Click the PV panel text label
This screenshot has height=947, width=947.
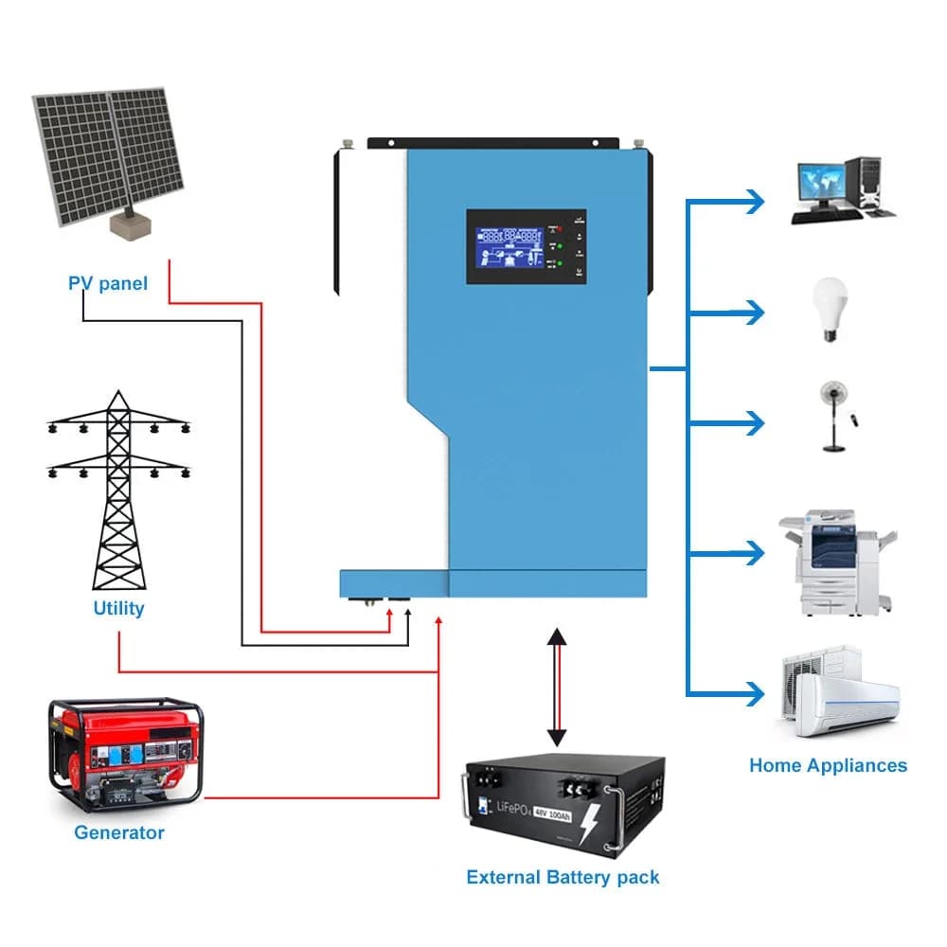pyautogui.click(x=108, y=283)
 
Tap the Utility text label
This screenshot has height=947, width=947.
pyautogui.click(x=118, y=608)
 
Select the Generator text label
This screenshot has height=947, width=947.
pyautogui.click(x=119, y=832)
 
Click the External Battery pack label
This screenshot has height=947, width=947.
pyautogui.click(x=563, y=877)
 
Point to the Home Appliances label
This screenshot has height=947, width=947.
pyautogui.click(x=828, y=765)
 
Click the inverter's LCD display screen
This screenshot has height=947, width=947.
pyautogui.click(x=509, y=246)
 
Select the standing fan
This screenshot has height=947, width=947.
pyautogui.click(x=832, y=415)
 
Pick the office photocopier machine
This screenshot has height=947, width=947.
pyautogui.click(x=833, y=561)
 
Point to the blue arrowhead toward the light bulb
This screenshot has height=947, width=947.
pyautogui.click(x=754, y=312)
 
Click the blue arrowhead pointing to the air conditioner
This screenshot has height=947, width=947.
pyautogui.click(x=754, y=694)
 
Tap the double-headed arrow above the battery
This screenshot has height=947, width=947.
pyautogui.click(x=557, y=687)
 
